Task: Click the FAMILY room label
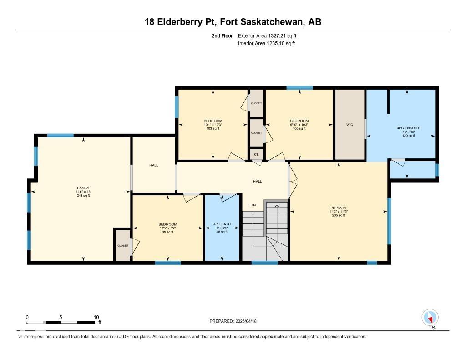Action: tap(83, 188)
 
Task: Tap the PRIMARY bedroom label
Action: tap(338, 207)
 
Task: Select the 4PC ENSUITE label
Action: tap(408, 128)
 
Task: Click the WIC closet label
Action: tap(349, 124)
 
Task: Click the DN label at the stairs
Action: tap(253, 205)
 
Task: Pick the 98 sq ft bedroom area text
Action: tap(167, 232)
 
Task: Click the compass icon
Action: tap(430, 317)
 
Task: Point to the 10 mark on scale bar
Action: tap(96, 317)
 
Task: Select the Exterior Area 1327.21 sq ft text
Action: tap(267, 35)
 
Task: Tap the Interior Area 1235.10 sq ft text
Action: tap(267, 44)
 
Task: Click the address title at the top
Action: tap(233, 22)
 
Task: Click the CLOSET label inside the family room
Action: tap(123, 246)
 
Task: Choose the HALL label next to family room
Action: tap(154, 165)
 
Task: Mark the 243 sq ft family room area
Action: tap(83, 196)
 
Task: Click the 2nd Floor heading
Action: tap(222, 35)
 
